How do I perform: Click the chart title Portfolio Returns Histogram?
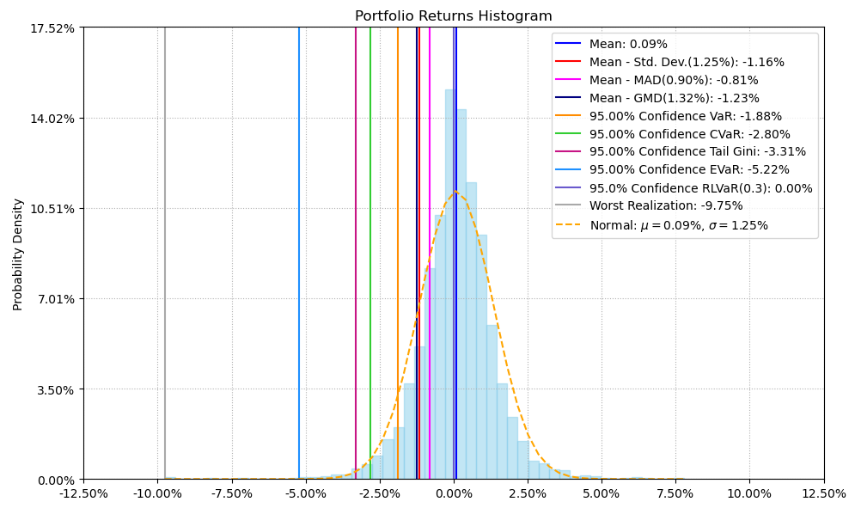point(453,16)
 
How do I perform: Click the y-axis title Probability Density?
point(18,254)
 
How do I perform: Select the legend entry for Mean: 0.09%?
point(627,44)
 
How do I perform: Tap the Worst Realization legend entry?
point(665,206)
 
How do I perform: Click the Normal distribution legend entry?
point(678,225)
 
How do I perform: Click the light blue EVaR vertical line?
point(299,258)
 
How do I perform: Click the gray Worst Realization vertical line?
point(165,258)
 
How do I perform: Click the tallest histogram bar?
point(450,284)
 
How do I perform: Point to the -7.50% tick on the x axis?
point(232,494)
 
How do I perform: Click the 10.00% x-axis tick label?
point(749,494)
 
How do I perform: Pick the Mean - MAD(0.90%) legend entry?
point(673,80)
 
